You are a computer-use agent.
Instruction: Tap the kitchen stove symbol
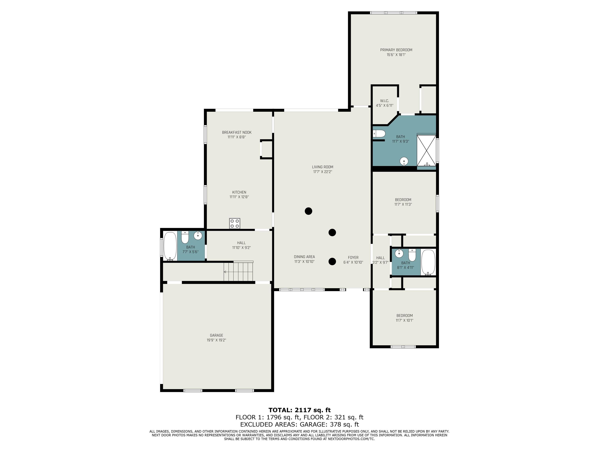[235, 223]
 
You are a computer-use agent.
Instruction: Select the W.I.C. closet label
[384, 101]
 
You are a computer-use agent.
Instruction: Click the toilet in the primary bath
[379, 133]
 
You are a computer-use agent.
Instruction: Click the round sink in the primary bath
[404, 162]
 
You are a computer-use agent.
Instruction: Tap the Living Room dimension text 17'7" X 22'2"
[323, 171]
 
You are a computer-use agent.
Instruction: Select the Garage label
[216, 335]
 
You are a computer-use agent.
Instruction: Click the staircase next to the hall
[238, 271]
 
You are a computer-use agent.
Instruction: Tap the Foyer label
[353, 258]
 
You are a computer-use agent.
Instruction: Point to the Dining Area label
[304, 257]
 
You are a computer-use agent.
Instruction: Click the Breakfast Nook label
[237, 132]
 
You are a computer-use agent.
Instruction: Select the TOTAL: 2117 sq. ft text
[299, 410]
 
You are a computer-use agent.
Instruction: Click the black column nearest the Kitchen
[308, 211]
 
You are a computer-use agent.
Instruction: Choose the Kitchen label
[239, 192]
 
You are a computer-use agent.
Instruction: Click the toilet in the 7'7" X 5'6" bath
[185, 238]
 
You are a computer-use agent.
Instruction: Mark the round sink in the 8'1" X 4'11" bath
[399, 254]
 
